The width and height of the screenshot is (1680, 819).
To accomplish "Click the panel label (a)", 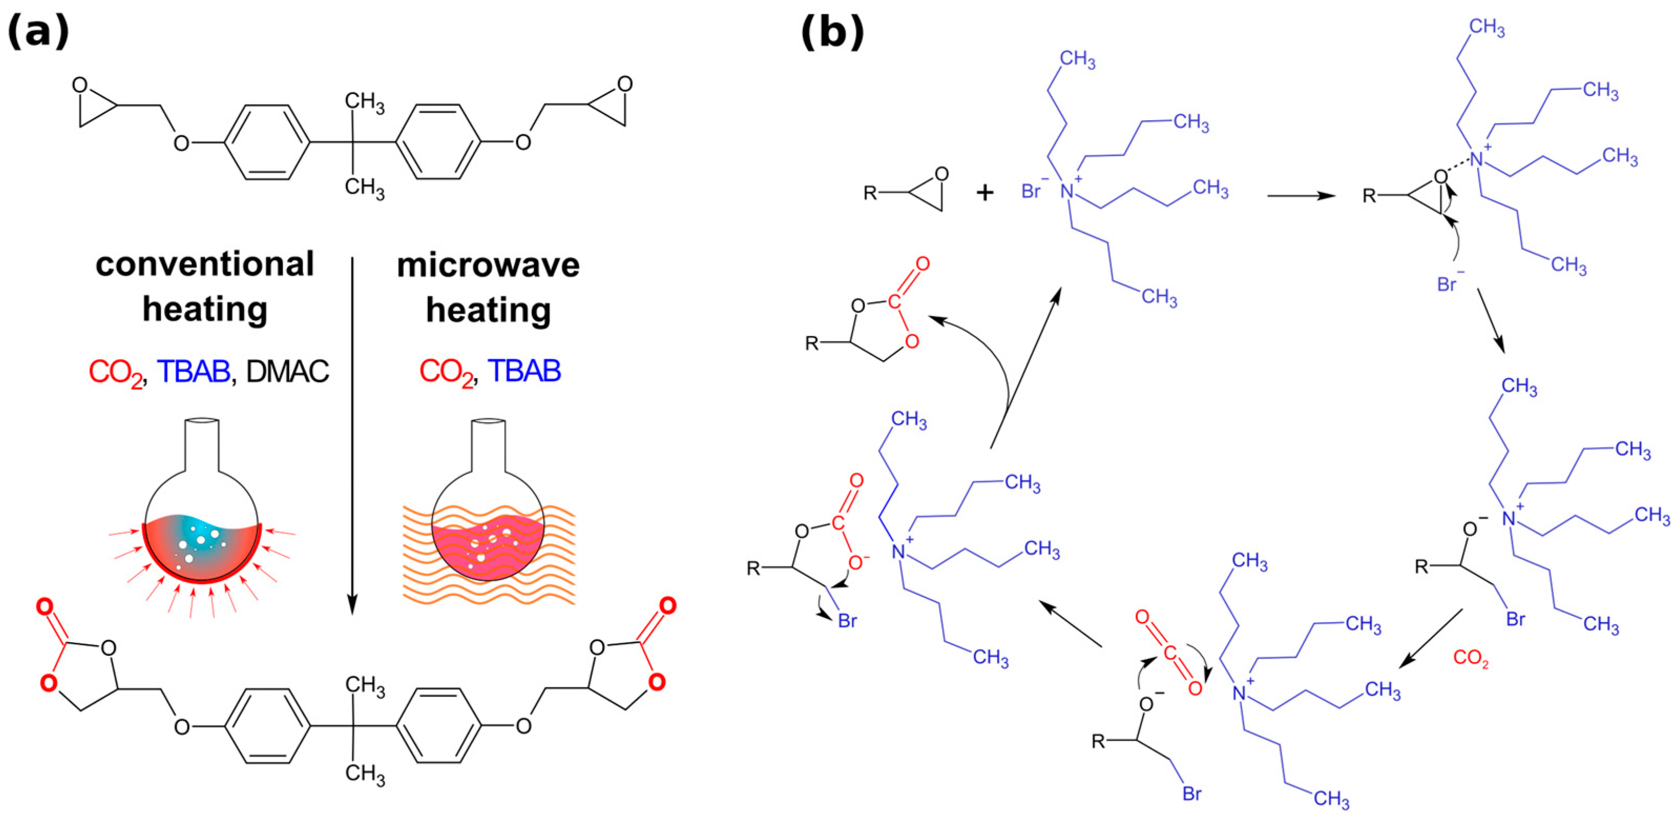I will pos(38,32).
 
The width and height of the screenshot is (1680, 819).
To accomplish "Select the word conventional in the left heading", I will pos(205,265).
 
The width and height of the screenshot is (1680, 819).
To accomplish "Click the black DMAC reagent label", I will pos(288,372).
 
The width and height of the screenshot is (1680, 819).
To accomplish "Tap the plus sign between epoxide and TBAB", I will pos(985,192).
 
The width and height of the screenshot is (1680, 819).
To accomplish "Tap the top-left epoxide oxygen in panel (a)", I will pos(80,85).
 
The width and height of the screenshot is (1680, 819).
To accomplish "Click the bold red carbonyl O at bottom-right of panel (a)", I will pos(667,606).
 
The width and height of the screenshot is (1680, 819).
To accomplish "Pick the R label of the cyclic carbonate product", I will pos(811,343).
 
